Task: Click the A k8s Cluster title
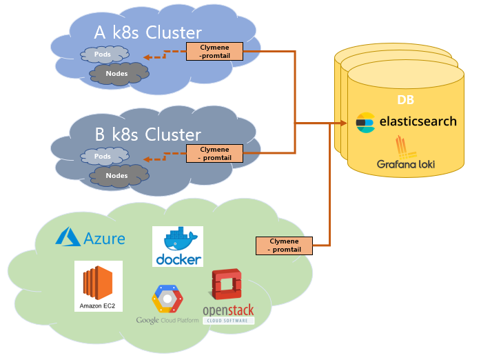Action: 147,32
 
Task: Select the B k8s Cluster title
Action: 147,134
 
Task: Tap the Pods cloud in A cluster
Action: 103,54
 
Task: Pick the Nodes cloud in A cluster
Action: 117,73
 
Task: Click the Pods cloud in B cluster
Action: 103,157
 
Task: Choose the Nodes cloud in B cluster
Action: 117,176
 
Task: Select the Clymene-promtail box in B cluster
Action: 215,153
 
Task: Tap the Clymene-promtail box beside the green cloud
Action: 284,246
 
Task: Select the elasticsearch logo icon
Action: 365,122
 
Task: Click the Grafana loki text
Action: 406,165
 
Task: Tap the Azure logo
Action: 90,238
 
